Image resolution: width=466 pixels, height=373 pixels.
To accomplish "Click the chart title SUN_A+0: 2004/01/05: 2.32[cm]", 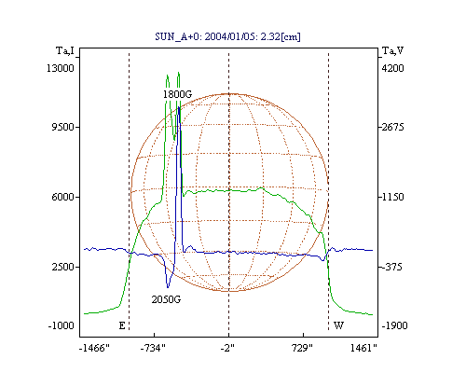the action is (227, 36).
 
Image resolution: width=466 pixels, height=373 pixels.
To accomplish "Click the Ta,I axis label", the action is (65, 50).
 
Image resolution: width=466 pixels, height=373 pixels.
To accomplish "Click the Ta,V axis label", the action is (392, 50).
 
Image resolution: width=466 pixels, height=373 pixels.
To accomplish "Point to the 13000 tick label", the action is (61, 68).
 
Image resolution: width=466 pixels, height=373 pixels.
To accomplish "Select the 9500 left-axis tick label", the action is (62, 127).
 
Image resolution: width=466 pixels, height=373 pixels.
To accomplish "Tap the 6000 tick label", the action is (62, 197).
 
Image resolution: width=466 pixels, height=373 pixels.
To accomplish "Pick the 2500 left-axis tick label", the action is (62, 267).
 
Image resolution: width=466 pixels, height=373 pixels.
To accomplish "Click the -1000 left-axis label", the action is (61, 325).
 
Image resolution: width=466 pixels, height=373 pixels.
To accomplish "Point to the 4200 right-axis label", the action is (392, 68).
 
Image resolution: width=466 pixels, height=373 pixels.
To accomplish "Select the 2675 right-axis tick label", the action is (392, 127).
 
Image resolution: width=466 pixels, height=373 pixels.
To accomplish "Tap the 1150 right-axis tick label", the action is (392, 197).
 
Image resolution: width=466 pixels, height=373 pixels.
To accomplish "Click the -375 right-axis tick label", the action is (391, 267).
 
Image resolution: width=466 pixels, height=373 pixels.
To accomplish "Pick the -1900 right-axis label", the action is (394, 325).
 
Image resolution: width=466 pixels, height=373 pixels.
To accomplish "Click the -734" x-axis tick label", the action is (153, 348).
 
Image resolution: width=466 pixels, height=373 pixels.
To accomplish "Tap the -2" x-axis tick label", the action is (227, 348).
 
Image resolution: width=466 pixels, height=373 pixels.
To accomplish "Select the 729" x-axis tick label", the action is (302, 348).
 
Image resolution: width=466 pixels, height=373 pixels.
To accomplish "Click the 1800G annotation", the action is (178, 94).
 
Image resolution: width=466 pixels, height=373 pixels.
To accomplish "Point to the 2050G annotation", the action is (166, 299).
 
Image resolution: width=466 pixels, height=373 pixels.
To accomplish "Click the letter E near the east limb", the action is (122, 325).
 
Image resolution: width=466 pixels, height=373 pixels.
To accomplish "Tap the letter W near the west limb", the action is (338, 325).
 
